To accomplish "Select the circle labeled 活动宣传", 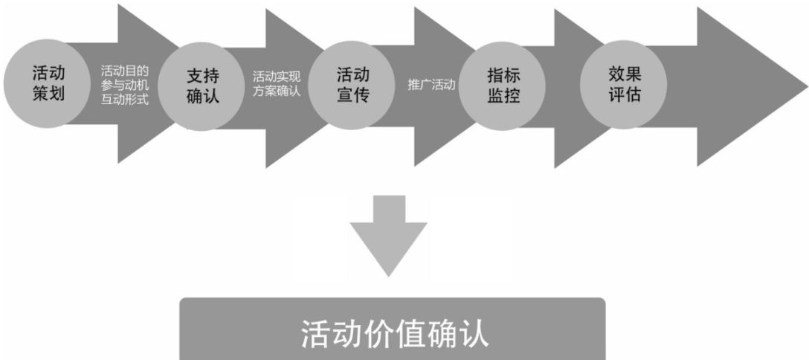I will pyautogui.click(x=353, y=86).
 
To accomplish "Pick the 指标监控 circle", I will pyautogui.click(x=503, y=86).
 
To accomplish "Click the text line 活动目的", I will pyautogui.click(x=125, y=71).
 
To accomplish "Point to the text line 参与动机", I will pyautogui.click(x=125, y=85).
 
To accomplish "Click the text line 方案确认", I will pyautogui.click(x=276, y=92).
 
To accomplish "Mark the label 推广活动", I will pyautogui.click(x=431, y=85).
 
